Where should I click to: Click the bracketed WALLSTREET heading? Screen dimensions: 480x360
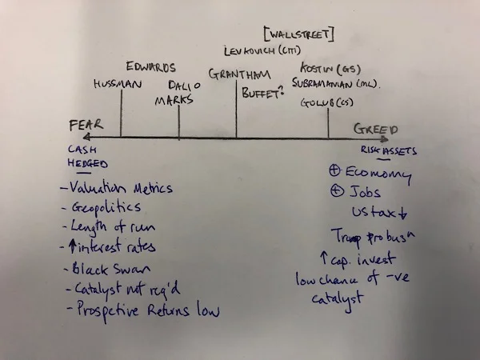[298, 34]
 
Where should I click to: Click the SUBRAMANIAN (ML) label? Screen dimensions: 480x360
[335, 83]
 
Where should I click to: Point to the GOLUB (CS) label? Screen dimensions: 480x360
[326, 102]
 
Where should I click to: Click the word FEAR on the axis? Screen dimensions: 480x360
[86, 125]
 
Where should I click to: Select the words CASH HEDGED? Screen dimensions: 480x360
[87, 156]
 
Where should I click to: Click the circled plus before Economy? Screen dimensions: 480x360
[336, 170]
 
